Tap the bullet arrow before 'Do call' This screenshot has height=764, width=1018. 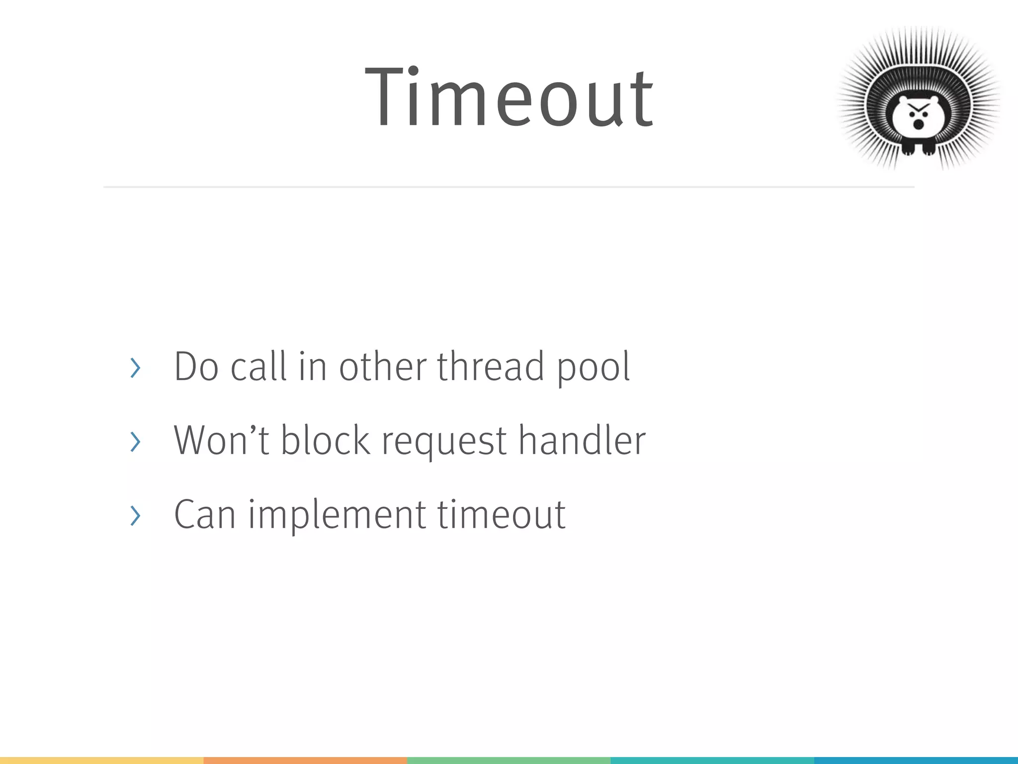[x=135, y=368]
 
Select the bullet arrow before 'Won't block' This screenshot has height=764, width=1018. [x=135, y=442]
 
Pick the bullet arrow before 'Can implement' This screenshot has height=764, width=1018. [x=135, y=515]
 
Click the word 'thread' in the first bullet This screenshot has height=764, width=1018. [x=491, y=367]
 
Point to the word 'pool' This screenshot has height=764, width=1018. [x=593, y=368]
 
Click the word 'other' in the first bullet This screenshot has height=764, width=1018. [x=383, y=367]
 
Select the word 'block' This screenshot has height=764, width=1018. [x=326, y=440]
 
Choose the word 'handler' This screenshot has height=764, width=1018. [x=582, y=440]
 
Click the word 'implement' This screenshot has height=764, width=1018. [x=337, y=515]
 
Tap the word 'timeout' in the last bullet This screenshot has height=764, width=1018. [x=501, y=514]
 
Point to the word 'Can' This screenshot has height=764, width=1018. [x=204, y=514]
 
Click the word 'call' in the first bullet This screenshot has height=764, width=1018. [x=259, y=367]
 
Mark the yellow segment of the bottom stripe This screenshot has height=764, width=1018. [x=101, y=761]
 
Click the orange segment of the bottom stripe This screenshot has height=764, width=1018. [x=305, y=761]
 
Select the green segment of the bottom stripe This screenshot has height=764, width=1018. [x=509, y=761]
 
